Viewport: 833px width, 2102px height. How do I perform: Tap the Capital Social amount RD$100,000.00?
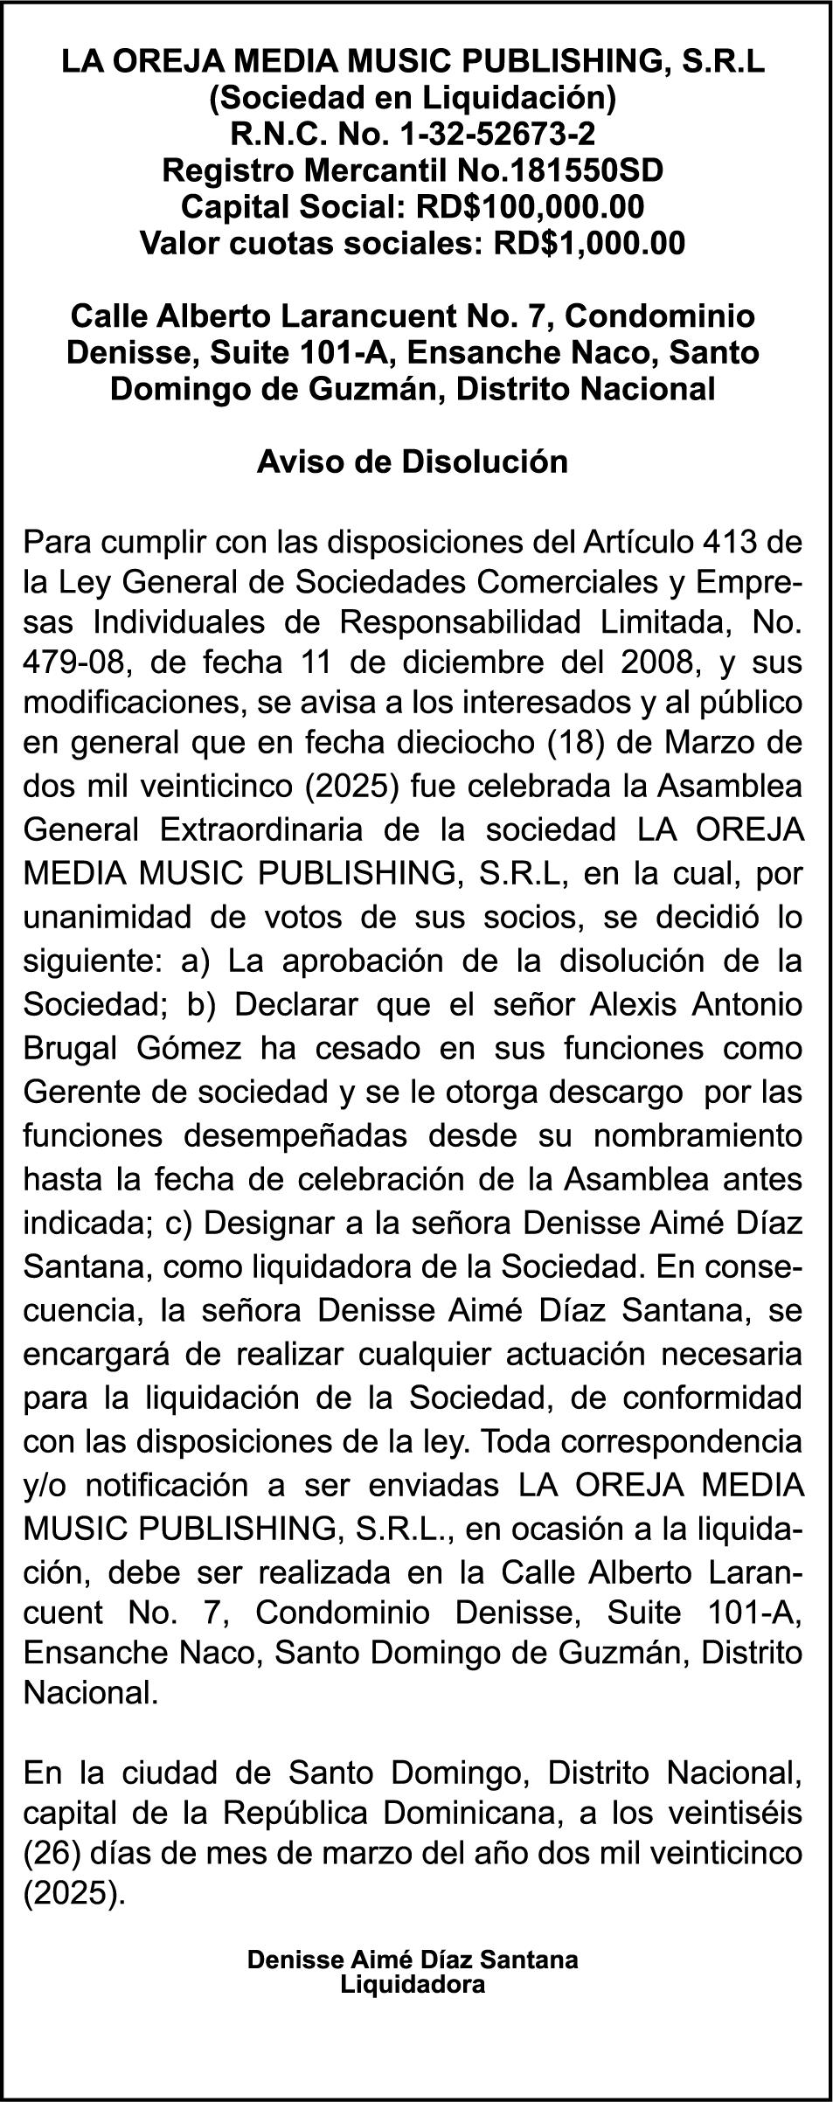pos(531,207)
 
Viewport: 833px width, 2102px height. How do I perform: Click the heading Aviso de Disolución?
pos(413,461)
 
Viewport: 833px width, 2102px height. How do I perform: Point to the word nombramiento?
pos(698,1135)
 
